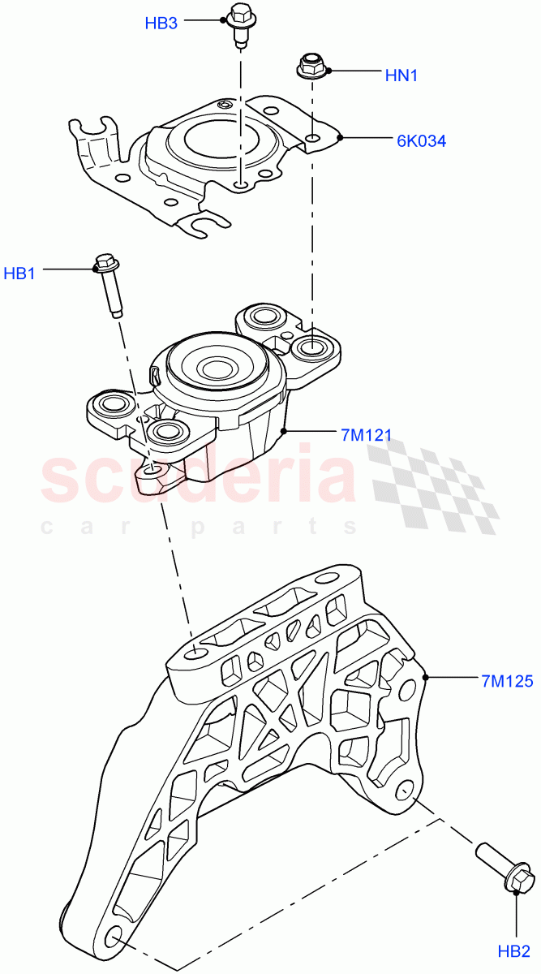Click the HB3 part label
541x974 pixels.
coord(161,24)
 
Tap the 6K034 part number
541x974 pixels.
coord(422,140)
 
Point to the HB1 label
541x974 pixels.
coord(20,274)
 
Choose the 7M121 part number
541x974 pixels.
coord(367,435)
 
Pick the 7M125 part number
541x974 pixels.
coord(506,681)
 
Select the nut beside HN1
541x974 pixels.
coord(311,66)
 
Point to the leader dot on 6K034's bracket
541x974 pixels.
coord(341,137)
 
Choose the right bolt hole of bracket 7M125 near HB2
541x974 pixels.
coord(405,790)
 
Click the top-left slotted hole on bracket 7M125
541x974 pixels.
coord(195,653)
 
